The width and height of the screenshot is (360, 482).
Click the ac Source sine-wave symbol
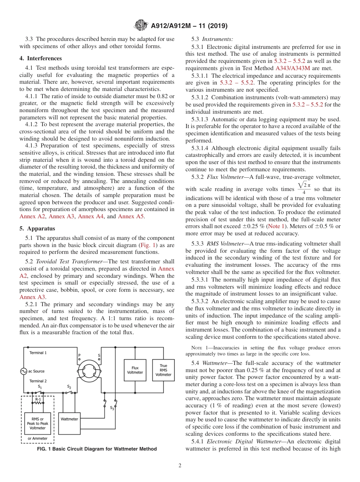[23, 371]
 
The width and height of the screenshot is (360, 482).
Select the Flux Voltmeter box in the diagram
[135, 370]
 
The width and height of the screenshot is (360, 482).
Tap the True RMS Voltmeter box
[163, 370]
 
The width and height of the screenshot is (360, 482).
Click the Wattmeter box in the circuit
[69, 419]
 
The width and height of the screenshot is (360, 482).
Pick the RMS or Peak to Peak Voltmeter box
[38, 423]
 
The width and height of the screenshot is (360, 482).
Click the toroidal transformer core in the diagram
[90, 370]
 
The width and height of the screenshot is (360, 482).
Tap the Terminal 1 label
[38, 353]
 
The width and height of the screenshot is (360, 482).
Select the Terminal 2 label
[38, 381]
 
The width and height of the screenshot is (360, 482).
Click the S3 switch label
[112, 408]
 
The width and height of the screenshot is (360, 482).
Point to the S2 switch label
[69, 387]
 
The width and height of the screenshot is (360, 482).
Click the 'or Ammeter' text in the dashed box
[38, 438]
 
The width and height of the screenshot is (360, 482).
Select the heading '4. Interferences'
[41, 58]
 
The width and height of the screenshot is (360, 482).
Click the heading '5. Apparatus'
[37, 228]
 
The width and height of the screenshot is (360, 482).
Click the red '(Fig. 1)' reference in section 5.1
[148, 245]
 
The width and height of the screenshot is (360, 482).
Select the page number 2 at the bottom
[180, 466]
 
